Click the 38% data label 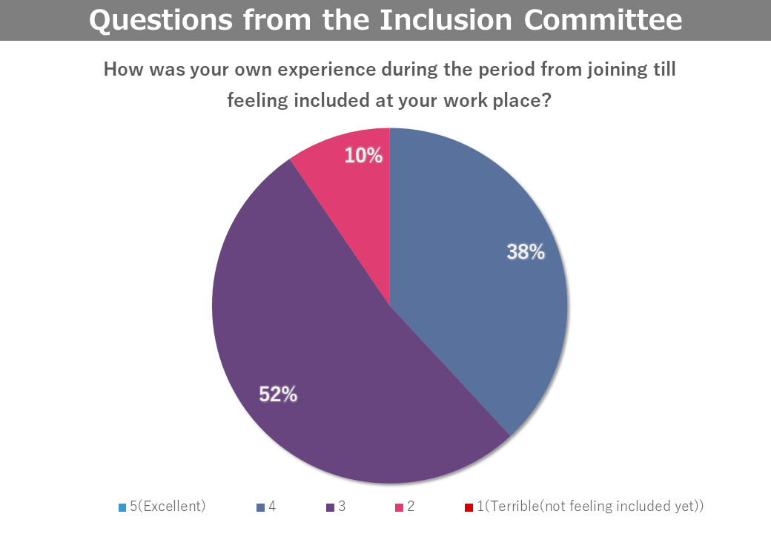point(526,251)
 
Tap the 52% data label point(278,395)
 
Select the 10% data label point(363,156)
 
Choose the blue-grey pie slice point(472,275)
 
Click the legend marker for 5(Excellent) point(122,507)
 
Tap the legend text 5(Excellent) point(168,507)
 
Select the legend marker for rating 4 point(261,507)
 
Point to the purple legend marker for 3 point(331,507)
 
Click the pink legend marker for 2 point(400,507)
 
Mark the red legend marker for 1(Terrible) point(469,507)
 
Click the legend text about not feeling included point(590,507)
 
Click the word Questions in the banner point(161,21)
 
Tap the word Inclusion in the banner point(446,20)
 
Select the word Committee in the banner point(603,20)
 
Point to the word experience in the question point(326,70)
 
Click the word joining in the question point(617,70)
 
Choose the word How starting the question point(124,69)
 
